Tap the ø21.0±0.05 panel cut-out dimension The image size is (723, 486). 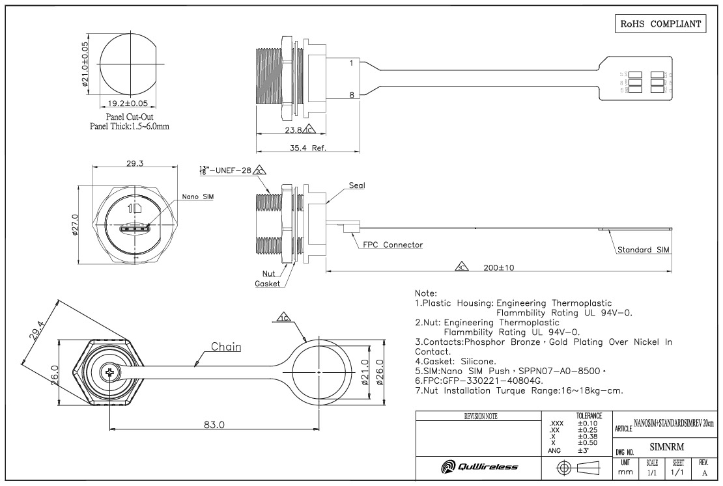(85, 67)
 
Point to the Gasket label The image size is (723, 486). (268, 284)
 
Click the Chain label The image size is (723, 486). (226, 347)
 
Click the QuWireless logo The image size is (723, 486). (477, 466)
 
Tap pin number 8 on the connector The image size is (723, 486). (351, 96)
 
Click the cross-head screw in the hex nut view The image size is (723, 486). (109, 373)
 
